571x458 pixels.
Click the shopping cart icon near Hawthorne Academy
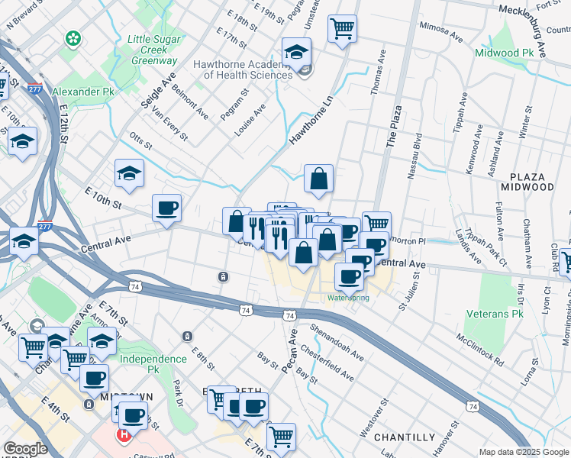click(x=342, y=29)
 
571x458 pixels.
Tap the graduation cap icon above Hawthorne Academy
click(x=296, y=52)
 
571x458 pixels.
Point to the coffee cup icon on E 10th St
click(x=166, y=208)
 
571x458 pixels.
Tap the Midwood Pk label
click(x=504, y=53)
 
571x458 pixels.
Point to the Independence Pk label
click(x=153, y=359)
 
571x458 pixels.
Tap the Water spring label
click(x=348, y=298)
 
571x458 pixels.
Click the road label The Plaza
click(x=393, y=127)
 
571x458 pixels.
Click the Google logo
click(x=24, y=449)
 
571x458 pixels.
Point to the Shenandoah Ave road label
click(x=337, y=343)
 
